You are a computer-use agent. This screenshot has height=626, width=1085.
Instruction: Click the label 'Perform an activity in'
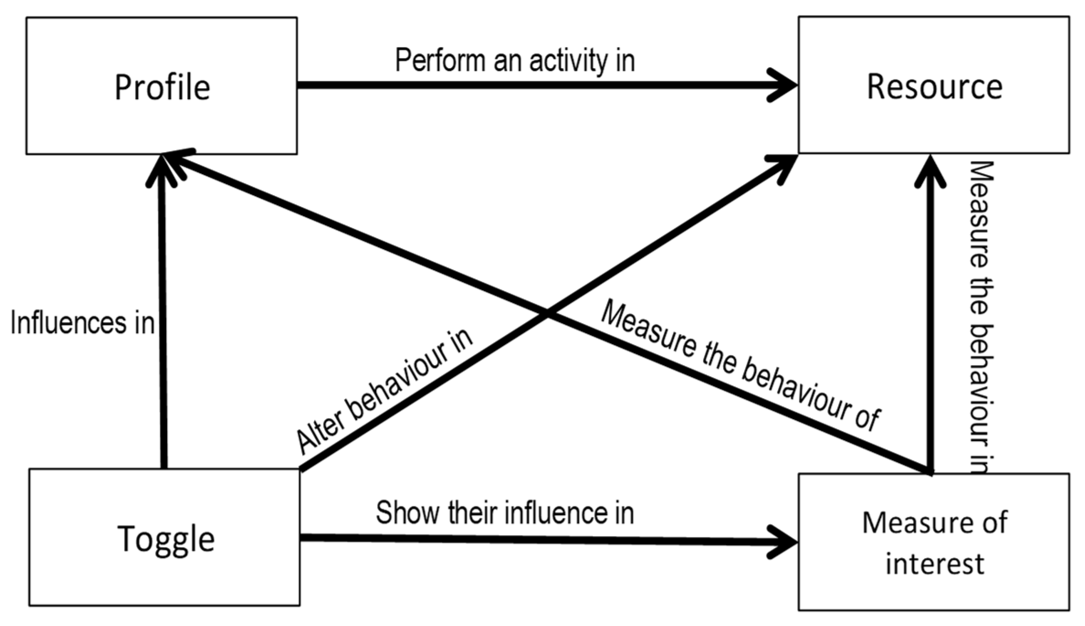(x=514, y=60)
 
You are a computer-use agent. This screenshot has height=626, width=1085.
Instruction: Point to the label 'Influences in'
(x=82, y=323)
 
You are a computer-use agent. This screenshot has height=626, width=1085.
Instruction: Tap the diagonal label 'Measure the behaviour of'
(x=739, y=366)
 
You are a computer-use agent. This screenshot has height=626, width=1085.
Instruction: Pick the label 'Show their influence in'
(x=504, y=513)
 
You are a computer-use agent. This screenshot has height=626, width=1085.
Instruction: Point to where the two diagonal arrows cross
(x=547, y=314)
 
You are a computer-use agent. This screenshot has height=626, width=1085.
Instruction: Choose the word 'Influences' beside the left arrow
(x=68, y=323)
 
